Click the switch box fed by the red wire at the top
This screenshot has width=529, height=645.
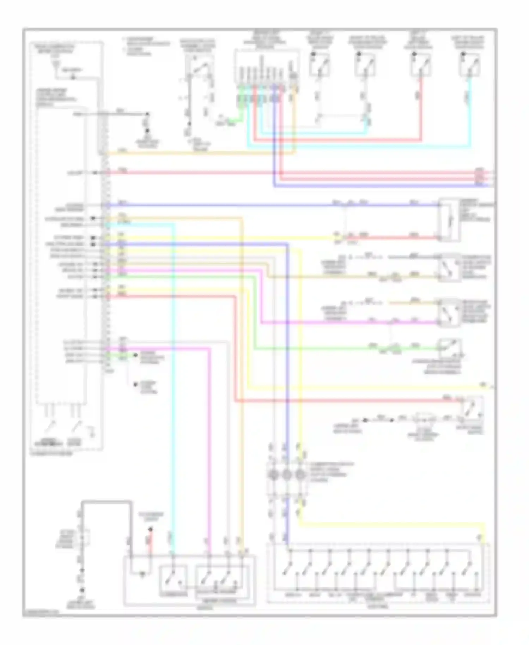(x=421, y=65)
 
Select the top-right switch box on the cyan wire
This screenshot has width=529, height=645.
(x=470, y=65)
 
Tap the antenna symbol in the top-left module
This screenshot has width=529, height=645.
(x=55, y=64)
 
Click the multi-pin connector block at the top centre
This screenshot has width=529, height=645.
(x=267, y=67)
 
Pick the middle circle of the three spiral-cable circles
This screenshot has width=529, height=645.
(x=287, y=475)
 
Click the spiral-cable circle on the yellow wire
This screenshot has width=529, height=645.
(x=300, y=475)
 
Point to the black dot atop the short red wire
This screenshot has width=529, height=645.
(x=150, y=529)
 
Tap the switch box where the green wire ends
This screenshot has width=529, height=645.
(x=449, y=349)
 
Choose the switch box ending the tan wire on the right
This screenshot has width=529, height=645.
(x=449, y=268)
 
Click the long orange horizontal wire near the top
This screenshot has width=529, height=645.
(x=201, y=153)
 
